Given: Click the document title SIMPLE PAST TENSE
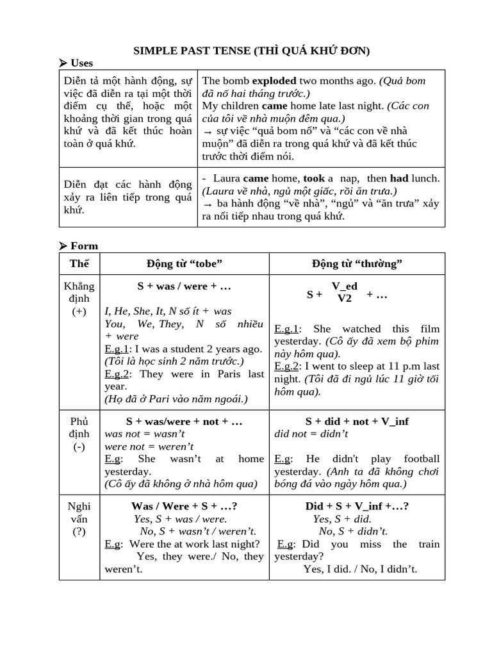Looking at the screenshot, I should tap(251, 50).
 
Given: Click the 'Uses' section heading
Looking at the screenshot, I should tap(81, 63).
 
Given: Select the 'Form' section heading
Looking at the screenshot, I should tap(84, 245).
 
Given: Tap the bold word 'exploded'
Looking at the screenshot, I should tap(274, 81).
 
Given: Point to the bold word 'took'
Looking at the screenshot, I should tap(314, 179).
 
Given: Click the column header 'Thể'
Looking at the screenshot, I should tap(79, 263).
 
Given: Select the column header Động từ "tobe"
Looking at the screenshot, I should tap(184, 263).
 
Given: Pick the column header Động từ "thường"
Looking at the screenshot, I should tap(357, 263).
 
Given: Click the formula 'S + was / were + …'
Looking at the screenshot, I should tap(184, 286).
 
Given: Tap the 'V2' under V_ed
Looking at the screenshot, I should tap(345, 299).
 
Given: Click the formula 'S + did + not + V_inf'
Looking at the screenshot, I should tap(357, 422).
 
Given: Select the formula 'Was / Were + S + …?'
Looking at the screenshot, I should tap(184, 506).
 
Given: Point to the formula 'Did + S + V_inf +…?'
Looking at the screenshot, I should tap(357, 506).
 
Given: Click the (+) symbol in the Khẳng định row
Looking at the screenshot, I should tap(79, 311).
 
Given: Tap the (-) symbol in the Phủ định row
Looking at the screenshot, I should tap(79, 447).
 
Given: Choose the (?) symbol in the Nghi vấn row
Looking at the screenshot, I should tap(79, 531).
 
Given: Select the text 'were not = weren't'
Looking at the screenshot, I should tap(149, 446).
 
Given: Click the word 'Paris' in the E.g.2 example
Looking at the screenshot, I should tap(232, 373).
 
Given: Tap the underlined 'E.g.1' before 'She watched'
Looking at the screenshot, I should tap(286, 329).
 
